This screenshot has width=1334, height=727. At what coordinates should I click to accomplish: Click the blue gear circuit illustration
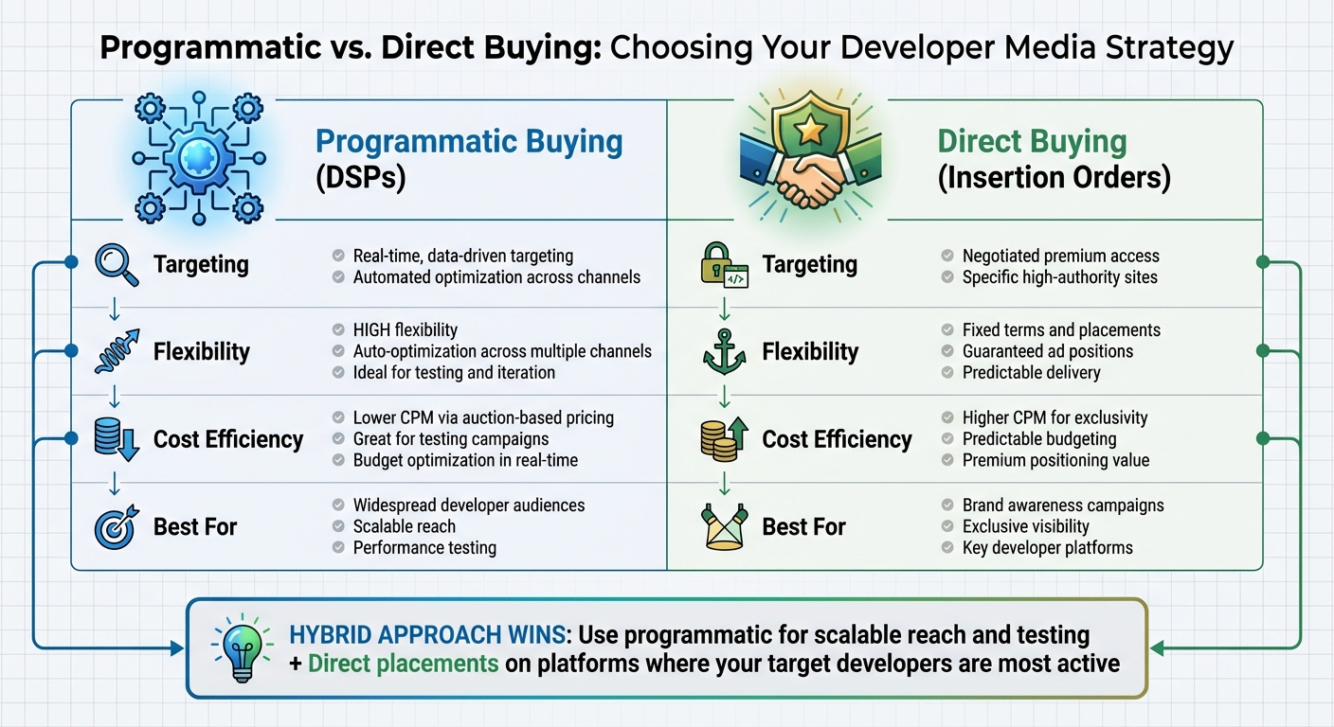point(198,156)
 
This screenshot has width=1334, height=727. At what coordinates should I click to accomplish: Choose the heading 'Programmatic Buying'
point(469,142)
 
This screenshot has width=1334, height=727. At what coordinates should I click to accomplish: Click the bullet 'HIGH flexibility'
point(405,330)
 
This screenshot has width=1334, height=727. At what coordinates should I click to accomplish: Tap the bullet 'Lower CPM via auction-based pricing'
point(483,417)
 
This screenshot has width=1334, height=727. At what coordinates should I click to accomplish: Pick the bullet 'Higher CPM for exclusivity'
point(1055,417)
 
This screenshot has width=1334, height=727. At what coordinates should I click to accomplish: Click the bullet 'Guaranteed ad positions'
point(1047,351)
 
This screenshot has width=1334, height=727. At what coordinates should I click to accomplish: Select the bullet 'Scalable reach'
point(404,526)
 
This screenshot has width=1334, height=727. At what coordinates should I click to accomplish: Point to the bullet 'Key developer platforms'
point(1047,548)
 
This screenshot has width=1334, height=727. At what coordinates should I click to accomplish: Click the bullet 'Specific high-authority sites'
point(1059,277)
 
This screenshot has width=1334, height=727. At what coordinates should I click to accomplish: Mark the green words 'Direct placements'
point(404,663)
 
